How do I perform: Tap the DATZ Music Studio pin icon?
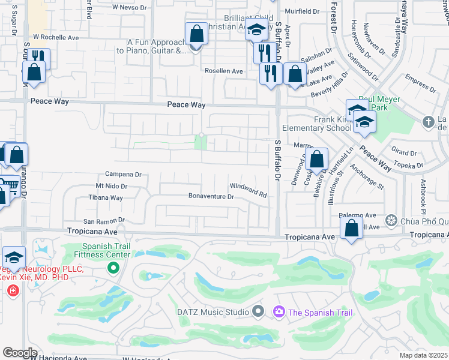pos(259,311)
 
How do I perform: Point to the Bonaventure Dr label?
pos(211,196)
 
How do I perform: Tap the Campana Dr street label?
pos(123,175)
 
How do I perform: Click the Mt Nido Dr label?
pos(112,187)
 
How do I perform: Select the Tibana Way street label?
pos(106,197)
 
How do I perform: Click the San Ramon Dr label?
pos(103,221)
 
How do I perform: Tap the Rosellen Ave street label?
pos(223,71)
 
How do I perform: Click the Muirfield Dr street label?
pos(302,11)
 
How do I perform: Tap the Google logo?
pos(19,353)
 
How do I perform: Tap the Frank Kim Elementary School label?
pos(333,124)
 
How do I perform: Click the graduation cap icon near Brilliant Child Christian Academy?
pos(256,31)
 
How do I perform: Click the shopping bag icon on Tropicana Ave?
pos(351,229)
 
